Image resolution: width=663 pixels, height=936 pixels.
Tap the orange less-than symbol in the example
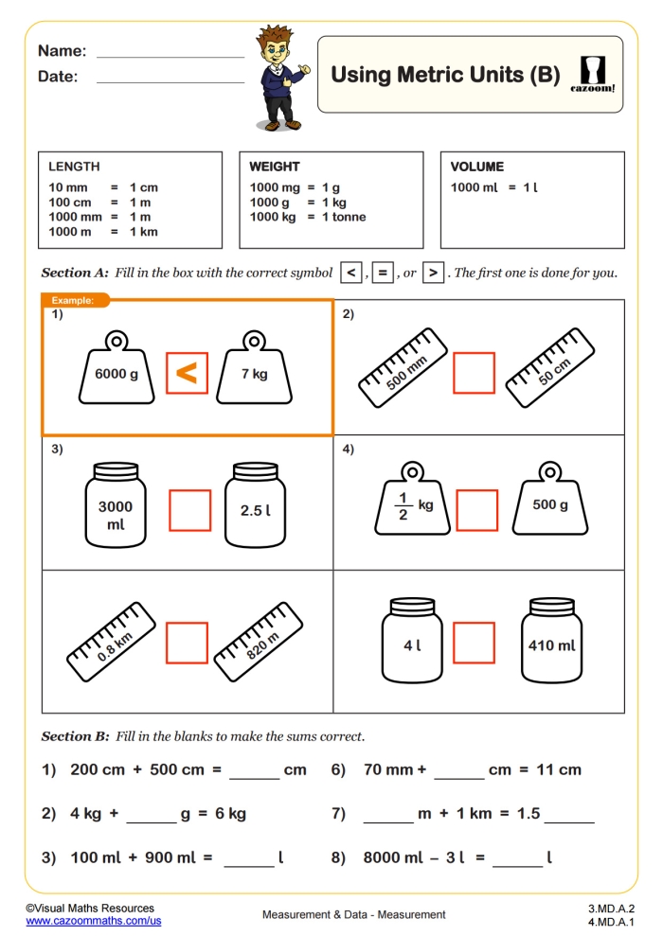pyautogui.click(x=187, y=373)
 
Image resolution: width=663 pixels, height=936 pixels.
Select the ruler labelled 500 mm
pyautogui.click(x=403, y=368)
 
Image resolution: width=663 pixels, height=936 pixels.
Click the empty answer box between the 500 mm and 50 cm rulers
pyautogui.click(x=474, y=373)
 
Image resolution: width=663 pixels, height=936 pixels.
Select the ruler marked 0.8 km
pyautogui.click(x=113, y=641)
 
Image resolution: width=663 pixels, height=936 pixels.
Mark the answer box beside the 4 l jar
pyautogui.click(x=474, y=643)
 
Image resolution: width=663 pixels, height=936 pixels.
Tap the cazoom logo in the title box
pyautogui.click(x=593, y=74)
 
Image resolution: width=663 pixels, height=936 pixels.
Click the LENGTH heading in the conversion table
pyautogui.click(x=74, y=167)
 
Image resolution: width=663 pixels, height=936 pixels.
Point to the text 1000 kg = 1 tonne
pyautogui.click(x=307, y=217)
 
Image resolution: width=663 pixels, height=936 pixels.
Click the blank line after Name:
pyautogui.click(x=170, y=54)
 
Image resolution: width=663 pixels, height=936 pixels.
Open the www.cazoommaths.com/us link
pyautogui.click(x=93, y=920)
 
